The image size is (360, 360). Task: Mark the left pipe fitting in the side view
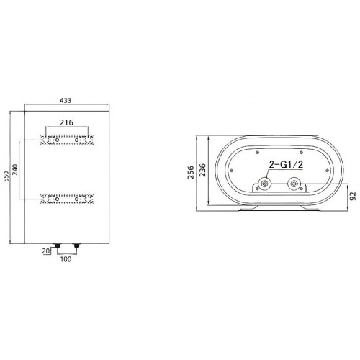[x=265, y=184]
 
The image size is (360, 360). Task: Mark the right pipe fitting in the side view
[x=294, y=184]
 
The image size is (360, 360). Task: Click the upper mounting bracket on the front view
[x=68, y=138]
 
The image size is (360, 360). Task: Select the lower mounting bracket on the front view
[x=68, y=198]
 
